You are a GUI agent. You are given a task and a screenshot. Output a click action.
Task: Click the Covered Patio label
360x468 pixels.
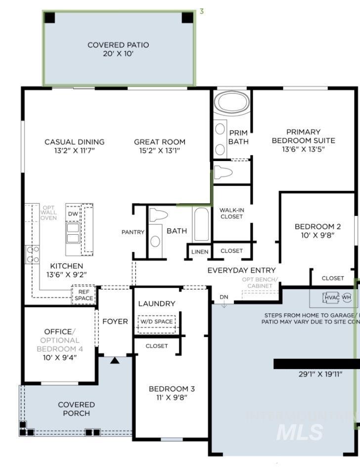tap(118, 45)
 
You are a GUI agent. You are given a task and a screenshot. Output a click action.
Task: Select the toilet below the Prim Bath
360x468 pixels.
tap(225, 173)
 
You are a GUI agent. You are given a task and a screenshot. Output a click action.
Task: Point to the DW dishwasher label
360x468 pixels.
tap(72, 213)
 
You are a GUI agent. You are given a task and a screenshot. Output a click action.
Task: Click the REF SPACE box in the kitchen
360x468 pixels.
tap(84, 295)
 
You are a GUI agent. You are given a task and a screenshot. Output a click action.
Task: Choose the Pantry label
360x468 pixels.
tap(133, 232)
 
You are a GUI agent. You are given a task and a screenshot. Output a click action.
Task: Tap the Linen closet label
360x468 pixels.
tap(200, 252)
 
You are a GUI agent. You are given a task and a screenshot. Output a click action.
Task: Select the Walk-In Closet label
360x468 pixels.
tap(231, 213)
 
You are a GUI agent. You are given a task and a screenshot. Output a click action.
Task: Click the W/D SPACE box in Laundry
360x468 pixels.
tap(156, 322)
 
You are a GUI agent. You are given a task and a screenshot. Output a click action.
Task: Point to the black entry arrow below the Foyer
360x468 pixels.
tap(115, 361)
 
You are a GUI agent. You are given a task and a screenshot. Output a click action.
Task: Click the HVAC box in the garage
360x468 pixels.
tap(331, 298)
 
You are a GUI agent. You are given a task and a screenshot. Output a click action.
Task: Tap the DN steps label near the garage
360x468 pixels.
tap(224, 297)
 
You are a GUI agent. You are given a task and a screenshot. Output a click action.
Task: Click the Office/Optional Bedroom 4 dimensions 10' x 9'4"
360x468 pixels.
tap(60, 358)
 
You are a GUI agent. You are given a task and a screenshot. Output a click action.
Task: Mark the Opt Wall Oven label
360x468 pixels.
tap(48, 213)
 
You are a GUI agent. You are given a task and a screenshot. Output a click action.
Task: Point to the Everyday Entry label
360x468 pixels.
tap(241, 270)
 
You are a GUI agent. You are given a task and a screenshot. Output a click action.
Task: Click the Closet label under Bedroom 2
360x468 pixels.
tap(332, 278)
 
